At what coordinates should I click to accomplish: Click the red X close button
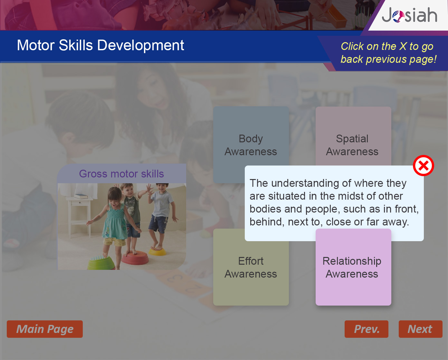(x=424, y=166)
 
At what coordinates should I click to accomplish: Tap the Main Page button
(x=45, y=329)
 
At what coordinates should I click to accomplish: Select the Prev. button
(x=367, y=329)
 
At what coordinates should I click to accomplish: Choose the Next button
(x=421, y=329)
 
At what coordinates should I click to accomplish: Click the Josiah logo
(x=409, y=15)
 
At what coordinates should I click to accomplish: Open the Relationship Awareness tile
(x=353, y=267)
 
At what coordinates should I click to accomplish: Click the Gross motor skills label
(x=121, y=174)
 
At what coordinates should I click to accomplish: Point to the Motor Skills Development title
(x=100, y=45)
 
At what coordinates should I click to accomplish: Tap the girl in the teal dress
(x=113, y=225)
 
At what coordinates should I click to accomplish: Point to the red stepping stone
(x=135, y=258)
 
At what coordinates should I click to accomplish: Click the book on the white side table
(x=81, y=196)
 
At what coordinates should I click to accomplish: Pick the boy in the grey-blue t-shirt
(x=161, y=215)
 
